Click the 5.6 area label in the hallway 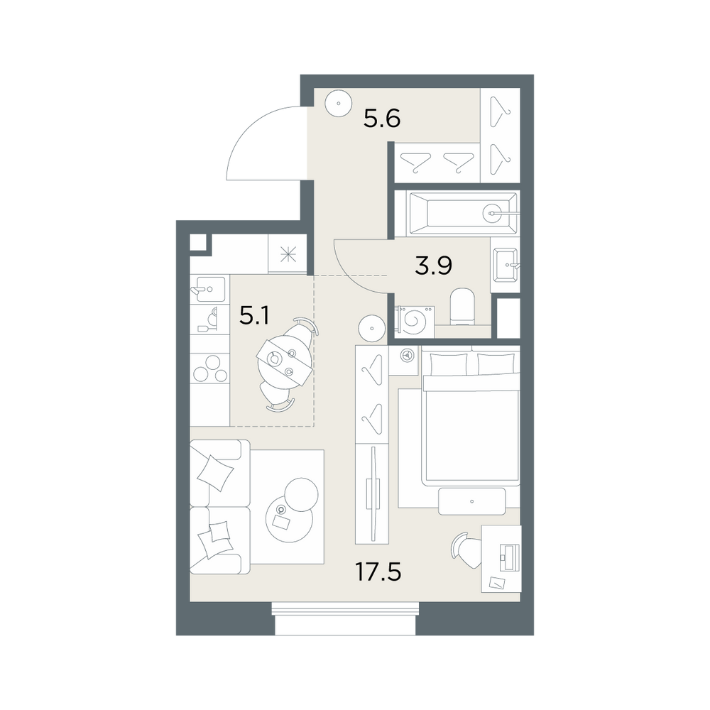[x=382, y=119]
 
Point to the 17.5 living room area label [x=378, y=572]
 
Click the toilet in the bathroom [x=462, y=306]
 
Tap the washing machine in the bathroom [x=415, y=321]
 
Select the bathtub [x=457, y=213]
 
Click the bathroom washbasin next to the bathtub [x=506, y=264]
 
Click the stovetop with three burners [x=209, y=368]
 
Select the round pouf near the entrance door [x=339, y=103]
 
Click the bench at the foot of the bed [x=472, y=501]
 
